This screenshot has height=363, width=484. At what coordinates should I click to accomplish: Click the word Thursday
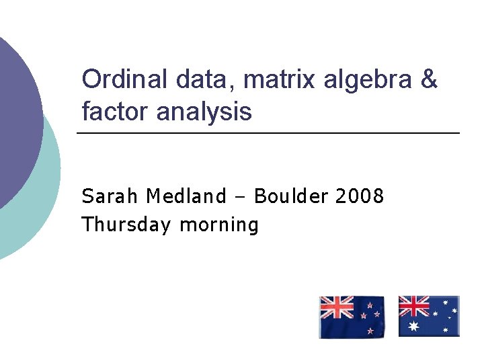click(x=126, y=225)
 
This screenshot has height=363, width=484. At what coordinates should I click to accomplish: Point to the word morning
click(x=218, y=225)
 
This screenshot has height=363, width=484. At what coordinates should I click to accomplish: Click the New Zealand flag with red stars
click(x=352, y=317)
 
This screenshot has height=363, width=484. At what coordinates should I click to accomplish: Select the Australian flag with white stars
click(x=428, y=316)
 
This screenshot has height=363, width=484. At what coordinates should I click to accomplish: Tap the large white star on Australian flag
click(x=413, y=326)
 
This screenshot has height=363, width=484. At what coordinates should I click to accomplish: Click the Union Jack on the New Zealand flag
click(x=336, y=307)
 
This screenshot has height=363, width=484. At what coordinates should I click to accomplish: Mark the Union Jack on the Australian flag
click(x=414, y=306)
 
